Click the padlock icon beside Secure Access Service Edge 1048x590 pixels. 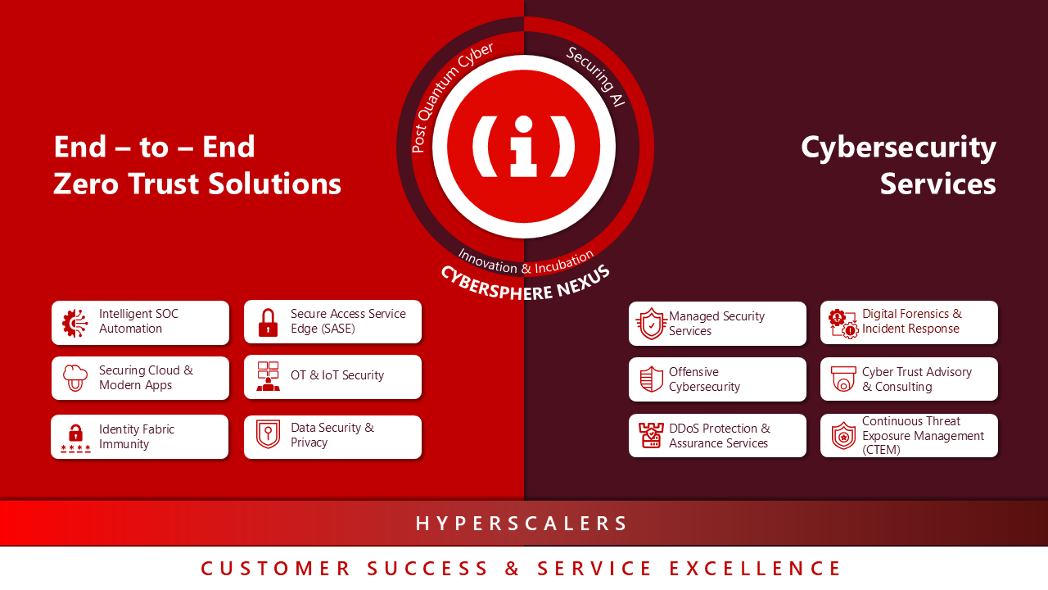(268, 322)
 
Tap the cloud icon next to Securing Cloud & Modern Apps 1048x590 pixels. (75, 378)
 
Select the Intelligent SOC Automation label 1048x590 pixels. (138, 321)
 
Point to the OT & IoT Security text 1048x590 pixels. (337, 375)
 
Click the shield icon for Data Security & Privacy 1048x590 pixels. (268, 434)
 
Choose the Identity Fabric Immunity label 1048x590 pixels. (136, 437)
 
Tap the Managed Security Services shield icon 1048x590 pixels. (651, 324)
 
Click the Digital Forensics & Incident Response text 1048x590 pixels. (911, 321)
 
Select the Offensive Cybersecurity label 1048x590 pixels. (704, 379)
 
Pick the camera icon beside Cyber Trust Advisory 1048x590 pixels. (843, 379)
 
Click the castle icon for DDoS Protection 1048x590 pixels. (651, 435)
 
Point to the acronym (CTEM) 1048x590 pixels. (881, 450)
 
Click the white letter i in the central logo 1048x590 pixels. (523, 147)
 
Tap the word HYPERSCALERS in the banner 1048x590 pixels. (522, 524)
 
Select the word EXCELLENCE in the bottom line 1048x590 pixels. (755, 569)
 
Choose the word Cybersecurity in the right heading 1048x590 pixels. (898, 147)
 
